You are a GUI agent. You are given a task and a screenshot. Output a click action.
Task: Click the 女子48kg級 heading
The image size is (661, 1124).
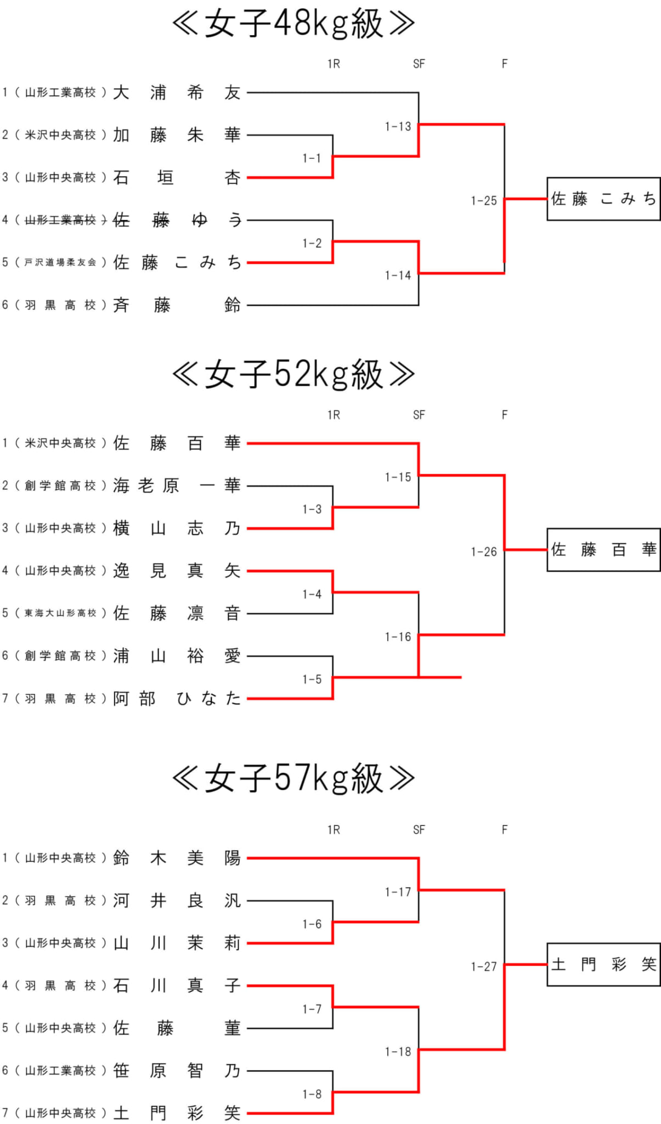click(293, 24)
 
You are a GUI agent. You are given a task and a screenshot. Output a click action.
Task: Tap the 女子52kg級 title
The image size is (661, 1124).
click(293, 374)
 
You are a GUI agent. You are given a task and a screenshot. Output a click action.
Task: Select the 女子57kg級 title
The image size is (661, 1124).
click(293, 778)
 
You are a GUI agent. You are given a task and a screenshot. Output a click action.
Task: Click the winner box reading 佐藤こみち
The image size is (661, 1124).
click(603, 199)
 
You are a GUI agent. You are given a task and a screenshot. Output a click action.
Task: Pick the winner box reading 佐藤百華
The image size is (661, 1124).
click(603, 549)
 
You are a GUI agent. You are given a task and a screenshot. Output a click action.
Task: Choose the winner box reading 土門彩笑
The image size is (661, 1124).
click(603, 964)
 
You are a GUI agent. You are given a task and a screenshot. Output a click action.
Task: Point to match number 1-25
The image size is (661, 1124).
click(483, 201)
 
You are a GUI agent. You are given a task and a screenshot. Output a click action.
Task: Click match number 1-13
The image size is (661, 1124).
click(398, 127)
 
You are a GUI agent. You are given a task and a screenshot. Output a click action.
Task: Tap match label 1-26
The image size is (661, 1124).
click(483, 552)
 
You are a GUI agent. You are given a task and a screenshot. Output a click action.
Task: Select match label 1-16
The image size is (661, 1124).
click(398, 637)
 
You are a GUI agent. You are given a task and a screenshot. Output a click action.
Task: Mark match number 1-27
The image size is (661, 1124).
click(483, 966)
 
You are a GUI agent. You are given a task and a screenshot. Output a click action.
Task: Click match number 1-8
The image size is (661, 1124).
click(312, 1094)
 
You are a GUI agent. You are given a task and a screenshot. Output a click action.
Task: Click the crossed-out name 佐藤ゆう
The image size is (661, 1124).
click(177, 220)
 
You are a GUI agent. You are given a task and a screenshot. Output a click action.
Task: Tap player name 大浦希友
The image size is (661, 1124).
click(177, 92)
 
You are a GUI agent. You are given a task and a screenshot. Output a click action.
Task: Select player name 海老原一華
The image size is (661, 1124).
click(177, 485)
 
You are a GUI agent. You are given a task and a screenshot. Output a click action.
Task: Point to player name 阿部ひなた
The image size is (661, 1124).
click(177, 698)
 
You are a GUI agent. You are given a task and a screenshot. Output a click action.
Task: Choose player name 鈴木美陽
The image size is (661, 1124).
click(177, 858)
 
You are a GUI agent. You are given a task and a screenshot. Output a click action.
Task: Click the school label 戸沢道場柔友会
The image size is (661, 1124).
click(60, 262)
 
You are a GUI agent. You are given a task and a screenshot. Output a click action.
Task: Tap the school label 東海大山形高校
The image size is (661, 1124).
click(60, 613)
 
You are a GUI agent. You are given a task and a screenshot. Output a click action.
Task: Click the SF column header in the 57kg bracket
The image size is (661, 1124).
click(419, 830)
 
